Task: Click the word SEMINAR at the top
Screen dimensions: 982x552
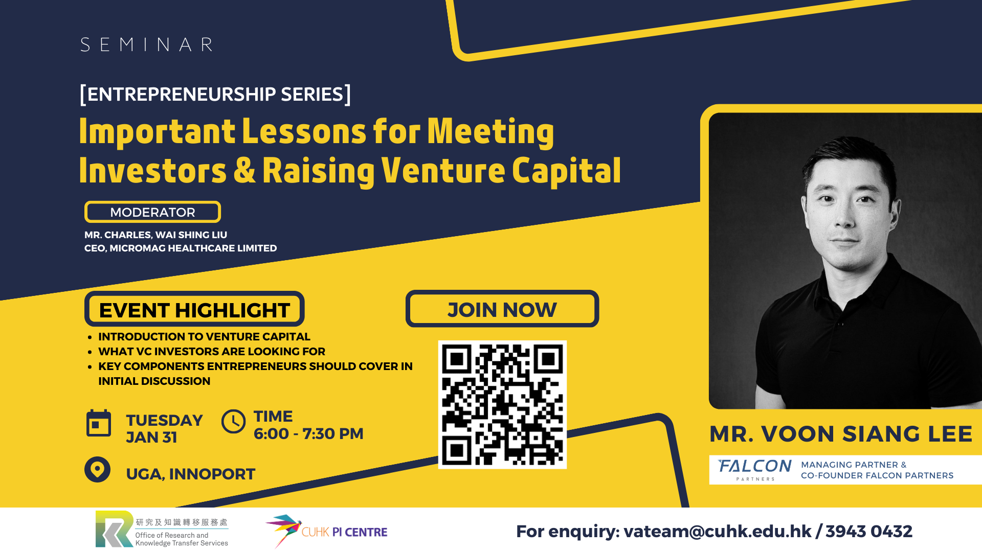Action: pyautogui.click(x=147, y=44)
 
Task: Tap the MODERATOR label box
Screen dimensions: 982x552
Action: pyautogui.click(x=152, y=212)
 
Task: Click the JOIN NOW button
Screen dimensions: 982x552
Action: pyautogui.click(x=502, y=309)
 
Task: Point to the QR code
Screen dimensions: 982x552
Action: pyautogui.click(x=502, y=404)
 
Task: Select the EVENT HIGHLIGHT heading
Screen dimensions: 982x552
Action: pyautogui.click(x=194, y=309)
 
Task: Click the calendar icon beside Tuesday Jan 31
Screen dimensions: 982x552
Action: pyautogui.click(x=99, y=423)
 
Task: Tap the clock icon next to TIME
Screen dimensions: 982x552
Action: pyautogui.click(x=234, y=422)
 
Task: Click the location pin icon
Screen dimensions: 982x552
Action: pyautogui.click(x=97, y=469)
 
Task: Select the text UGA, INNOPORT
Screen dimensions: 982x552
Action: pyautogui.click(x=190, y=474)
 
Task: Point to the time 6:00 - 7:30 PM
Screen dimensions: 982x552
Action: pyautogui.click(x=308, y=433)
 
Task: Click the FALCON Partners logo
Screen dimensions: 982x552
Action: pyautogui.click(x=755, y=469)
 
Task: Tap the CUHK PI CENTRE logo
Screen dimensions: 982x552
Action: pyautogui.click(x=326, y=531)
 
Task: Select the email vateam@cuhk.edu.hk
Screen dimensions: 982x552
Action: pyautogui.click(x=717, y=532)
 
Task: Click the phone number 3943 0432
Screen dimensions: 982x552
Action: pyautogui.click(x=869, y=532)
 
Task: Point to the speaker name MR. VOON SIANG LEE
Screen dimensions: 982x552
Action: pyautogui.click(x=841, y=434)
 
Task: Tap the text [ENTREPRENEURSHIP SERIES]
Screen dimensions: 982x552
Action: pyautogui.click(x=215, y=94)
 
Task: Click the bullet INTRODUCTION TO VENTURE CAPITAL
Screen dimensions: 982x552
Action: pyautogui.click(x=204, y=337)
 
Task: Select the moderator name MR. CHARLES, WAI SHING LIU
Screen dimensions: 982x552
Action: pyautogui.click(x=155, y=235)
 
